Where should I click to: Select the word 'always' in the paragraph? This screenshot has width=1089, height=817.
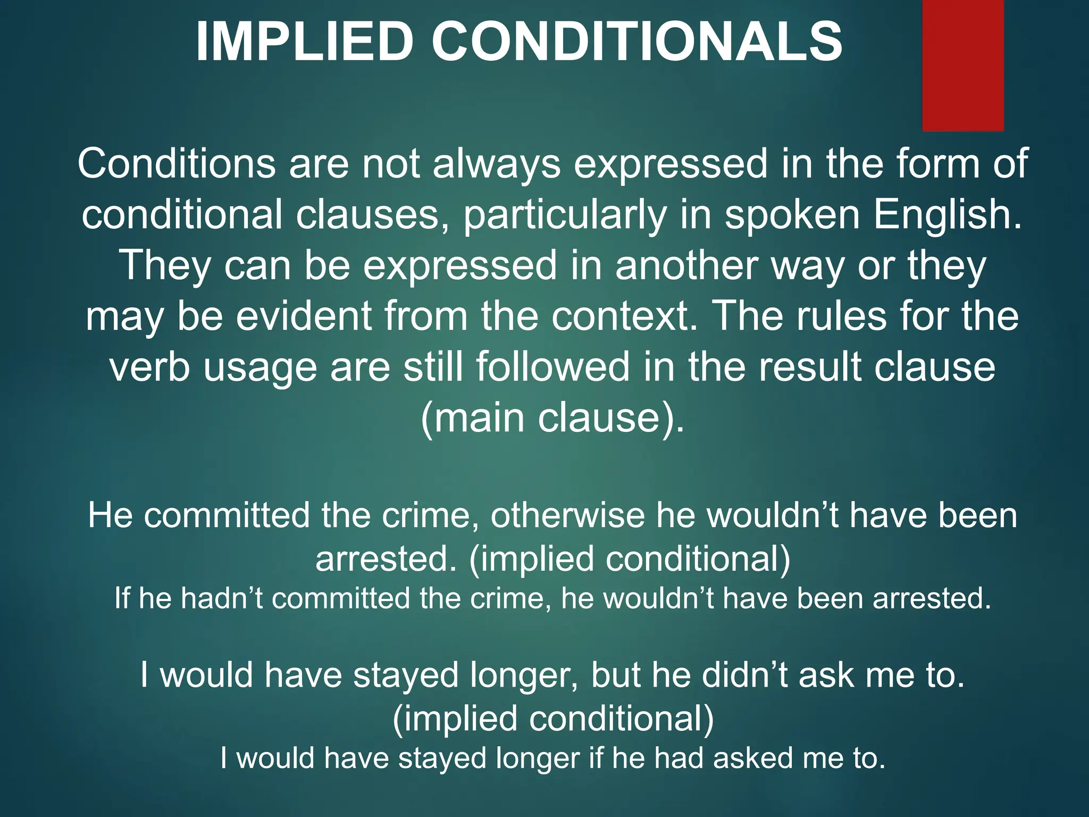tap(496, 164)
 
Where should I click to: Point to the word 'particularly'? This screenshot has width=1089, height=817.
tap(565, 215)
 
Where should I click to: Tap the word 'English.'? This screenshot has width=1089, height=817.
tap(948, 215)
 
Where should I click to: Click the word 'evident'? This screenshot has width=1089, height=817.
tap(304, 316)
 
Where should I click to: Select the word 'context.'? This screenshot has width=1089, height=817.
tap(624, 316)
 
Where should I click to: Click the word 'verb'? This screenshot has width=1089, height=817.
tap(149, 368)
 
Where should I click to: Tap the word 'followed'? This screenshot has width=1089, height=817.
tap(552, 368)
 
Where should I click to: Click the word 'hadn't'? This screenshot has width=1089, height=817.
tap(222, 598)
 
